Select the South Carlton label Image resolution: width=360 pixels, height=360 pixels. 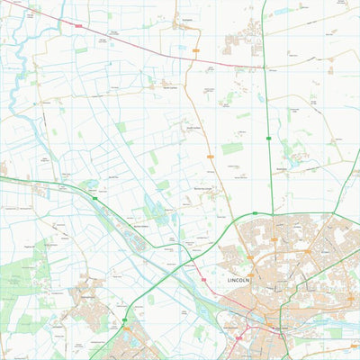point(193,128)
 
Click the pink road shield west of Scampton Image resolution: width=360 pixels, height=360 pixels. point(78,25)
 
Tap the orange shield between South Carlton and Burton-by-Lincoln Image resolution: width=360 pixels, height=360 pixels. point(210,155)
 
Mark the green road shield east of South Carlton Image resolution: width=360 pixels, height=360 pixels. point(269,137)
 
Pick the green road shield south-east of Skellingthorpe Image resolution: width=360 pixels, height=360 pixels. point(126,320)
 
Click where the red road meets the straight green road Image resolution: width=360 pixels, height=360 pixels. point(264,64)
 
